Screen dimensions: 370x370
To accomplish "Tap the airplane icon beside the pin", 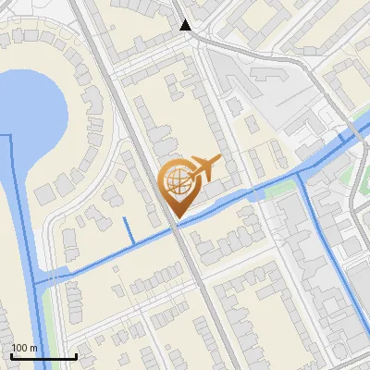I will coord(203,170).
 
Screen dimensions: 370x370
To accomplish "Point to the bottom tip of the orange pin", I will coord(177,217).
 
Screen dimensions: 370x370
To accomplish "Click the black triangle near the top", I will coord(186,25).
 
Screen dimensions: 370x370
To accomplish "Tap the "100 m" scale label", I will coord(24,348).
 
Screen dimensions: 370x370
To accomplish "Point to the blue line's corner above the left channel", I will coord(8,135).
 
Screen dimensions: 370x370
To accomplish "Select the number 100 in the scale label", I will coord(20,348).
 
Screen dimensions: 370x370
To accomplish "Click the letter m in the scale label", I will coord(33,348).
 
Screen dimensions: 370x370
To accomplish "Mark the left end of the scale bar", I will coord(12,356).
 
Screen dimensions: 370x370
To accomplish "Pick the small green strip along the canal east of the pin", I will coord(277,189).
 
